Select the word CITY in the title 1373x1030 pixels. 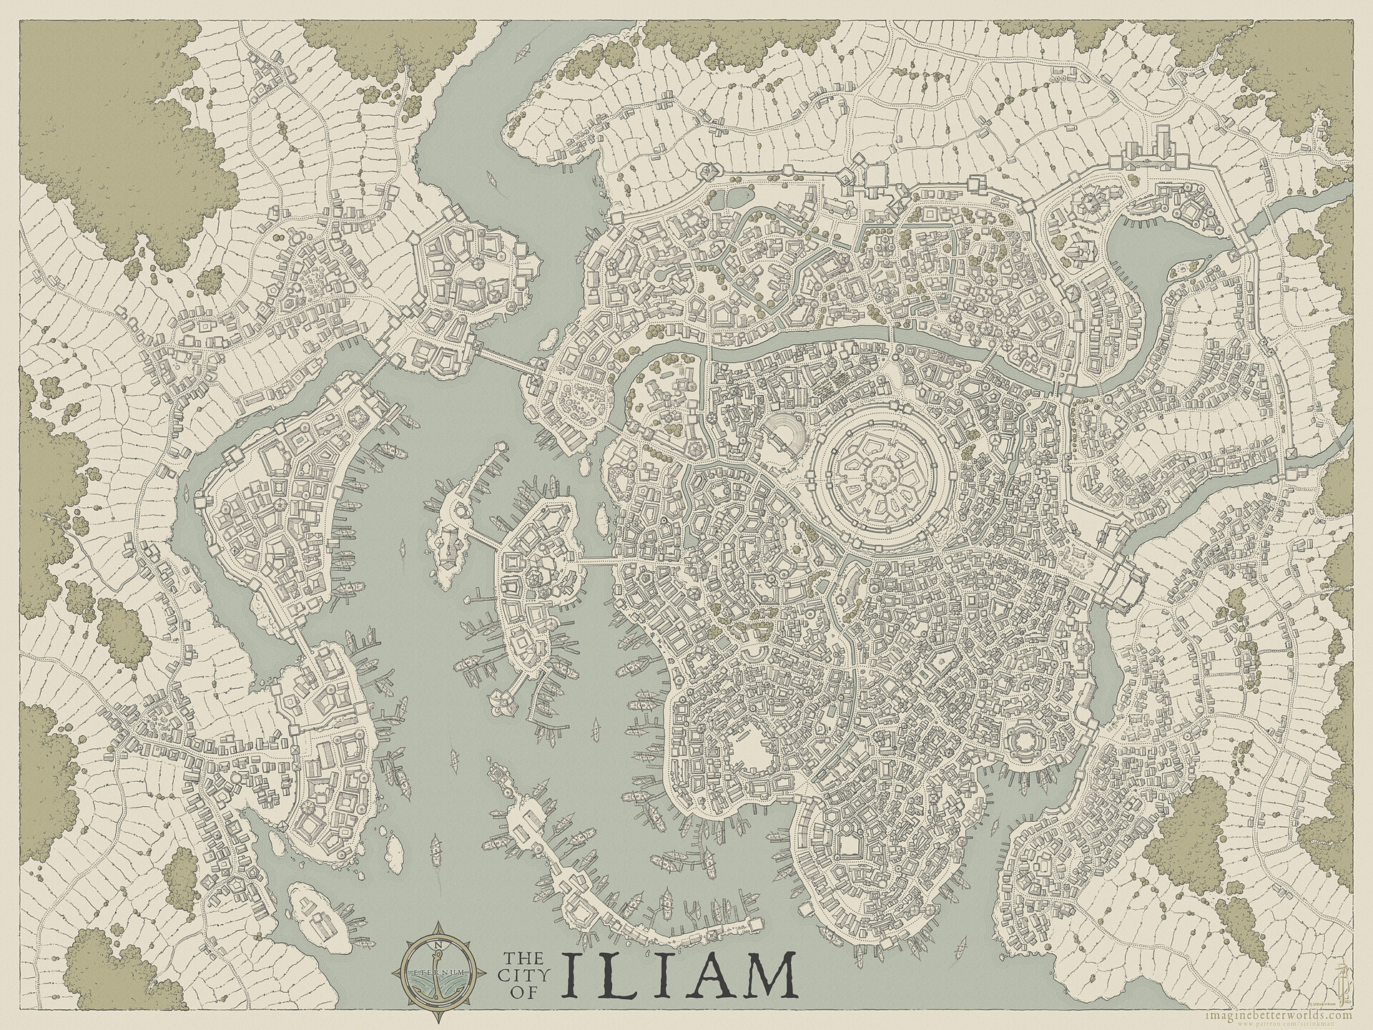point(524,974)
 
